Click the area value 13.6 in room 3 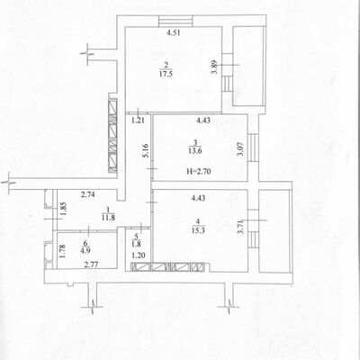[195, 151]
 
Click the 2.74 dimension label [88, 194]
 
